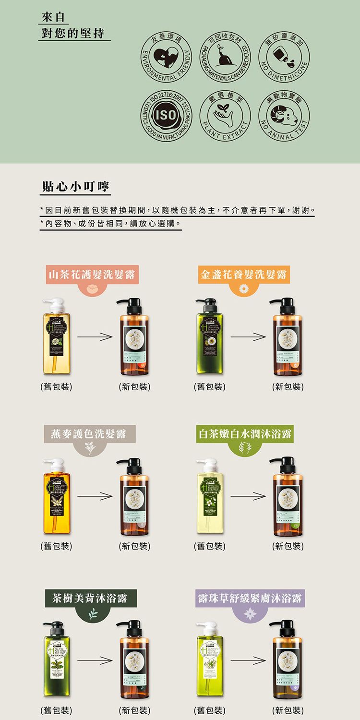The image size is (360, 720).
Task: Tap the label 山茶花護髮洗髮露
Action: (x=91, y=275)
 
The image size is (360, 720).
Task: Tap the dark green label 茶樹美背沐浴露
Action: (x=90, y=598)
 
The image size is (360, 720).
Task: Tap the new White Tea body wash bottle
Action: (x=287, y=497)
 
